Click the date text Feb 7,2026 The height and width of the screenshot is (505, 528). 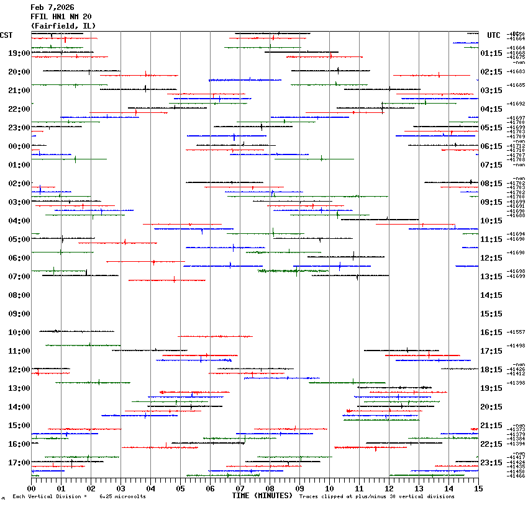(52, 7)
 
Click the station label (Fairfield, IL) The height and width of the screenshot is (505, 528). (63, 25)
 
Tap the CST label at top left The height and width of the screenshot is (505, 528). (7, 35)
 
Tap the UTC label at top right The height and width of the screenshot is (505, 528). (494, 35)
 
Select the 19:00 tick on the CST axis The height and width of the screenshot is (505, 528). (19, 53)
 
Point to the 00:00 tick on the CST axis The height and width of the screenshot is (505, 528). (19, 146)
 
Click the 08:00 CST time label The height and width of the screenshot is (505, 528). (19, 295)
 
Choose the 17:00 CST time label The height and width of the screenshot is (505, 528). (19, 463)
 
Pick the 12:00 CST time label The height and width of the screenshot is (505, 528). (19, 370)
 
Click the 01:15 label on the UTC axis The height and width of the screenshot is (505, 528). (491, 53)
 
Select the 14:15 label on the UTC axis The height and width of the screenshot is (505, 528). (491, 295)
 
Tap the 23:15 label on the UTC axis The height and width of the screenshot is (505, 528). (491, 463)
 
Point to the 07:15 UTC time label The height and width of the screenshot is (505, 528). (491, 165)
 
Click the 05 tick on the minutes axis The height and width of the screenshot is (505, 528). (180, 489)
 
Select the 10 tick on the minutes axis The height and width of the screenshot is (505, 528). (329, 489)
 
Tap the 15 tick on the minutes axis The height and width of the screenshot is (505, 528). (478, 489)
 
